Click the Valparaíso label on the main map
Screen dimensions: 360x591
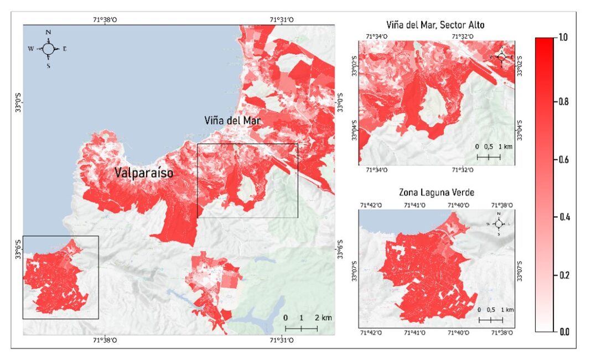coord(144,173)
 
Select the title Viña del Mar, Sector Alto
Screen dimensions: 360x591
coord(436,25)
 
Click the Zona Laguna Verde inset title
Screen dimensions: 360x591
coord(437,192)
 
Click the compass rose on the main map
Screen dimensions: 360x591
coord(48,49)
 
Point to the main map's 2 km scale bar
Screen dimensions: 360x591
coord(301,328)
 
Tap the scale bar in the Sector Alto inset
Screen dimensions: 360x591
coord(489,156)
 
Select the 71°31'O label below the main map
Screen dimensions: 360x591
coord(282,341)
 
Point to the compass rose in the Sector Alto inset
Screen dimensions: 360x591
coord(501,57)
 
